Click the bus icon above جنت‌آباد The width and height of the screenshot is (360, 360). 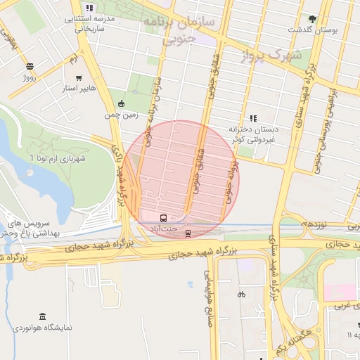point(164,218)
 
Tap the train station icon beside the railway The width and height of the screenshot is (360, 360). point(188,233)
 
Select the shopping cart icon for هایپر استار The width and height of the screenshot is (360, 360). point(79,79)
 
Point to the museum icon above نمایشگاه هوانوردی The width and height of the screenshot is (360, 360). point(43,316)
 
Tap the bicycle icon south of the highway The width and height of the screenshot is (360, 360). point(241,294)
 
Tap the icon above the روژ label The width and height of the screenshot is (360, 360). point(30,67)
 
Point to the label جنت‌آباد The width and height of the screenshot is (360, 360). point(164,229)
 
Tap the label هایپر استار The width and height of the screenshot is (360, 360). point(79,90)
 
